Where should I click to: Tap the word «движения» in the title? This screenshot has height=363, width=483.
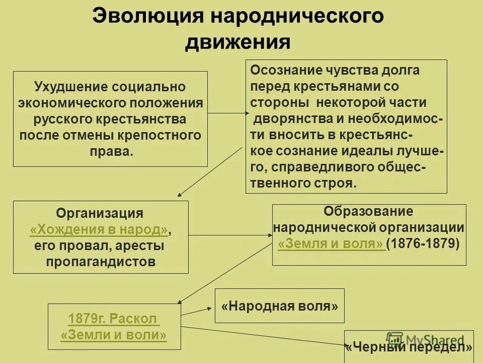[x=237, y=41]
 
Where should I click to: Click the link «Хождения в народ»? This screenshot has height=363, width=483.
[x=99, y=230]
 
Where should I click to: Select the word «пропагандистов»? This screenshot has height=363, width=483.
[x=101, y=262]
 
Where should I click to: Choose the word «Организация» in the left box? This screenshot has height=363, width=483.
[x=100, y=213]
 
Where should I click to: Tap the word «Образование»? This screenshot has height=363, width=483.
[x=368, y=211]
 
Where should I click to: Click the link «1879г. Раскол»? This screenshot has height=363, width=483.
[x=114, y=319]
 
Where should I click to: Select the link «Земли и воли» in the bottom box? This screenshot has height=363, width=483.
[x=114, y=335]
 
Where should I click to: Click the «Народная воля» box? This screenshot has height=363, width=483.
[x=279, y=306]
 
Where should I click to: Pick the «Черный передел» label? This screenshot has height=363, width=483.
[x=409, y=347]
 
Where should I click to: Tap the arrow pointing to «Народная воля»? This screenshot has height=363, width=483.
[x=196, y=311]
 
